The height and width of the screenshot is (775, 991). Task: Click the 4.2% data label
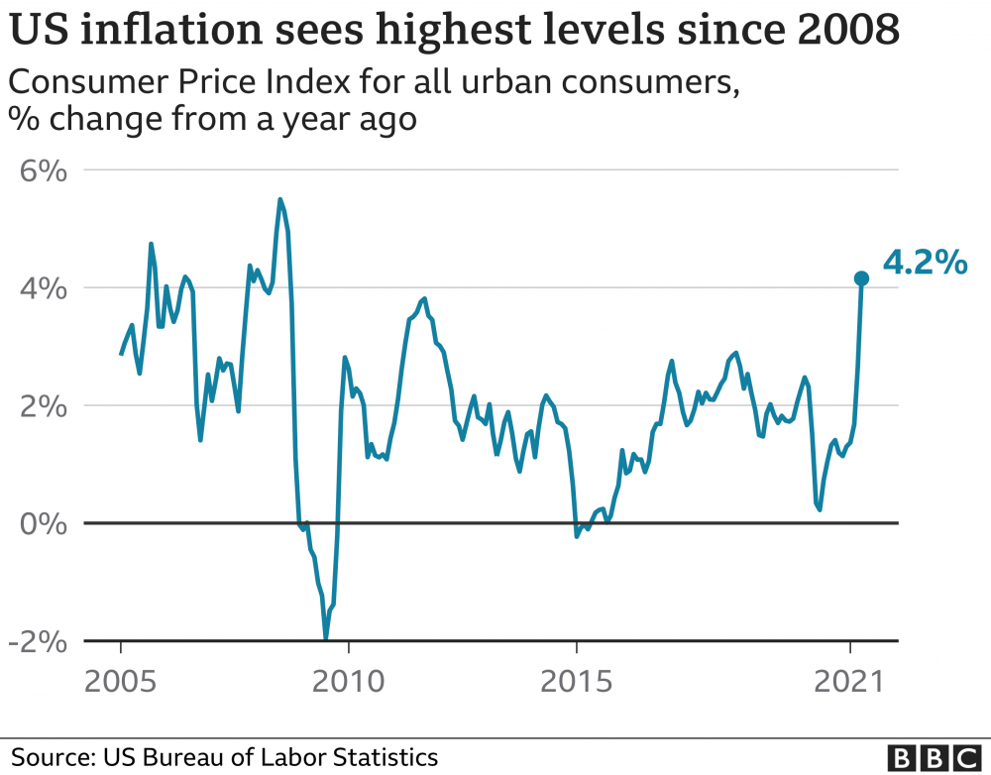coord(924,264)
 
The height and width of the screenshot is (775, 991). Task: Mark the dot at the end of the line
coord(861,279)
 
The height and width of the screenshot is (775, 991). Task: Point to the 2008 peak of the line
coord(280,200)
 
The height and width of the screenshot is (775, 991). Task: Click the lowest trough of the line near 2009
coord(326,637)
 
